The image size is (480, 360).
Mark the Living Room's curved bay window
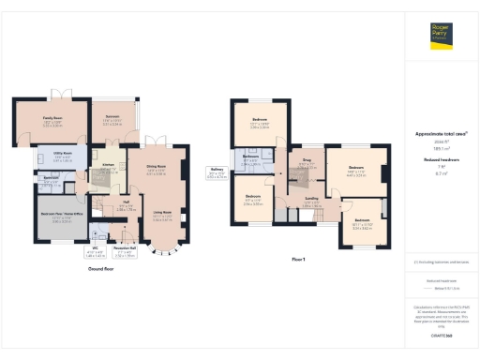pyautogui.click(x=165, y=250)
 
